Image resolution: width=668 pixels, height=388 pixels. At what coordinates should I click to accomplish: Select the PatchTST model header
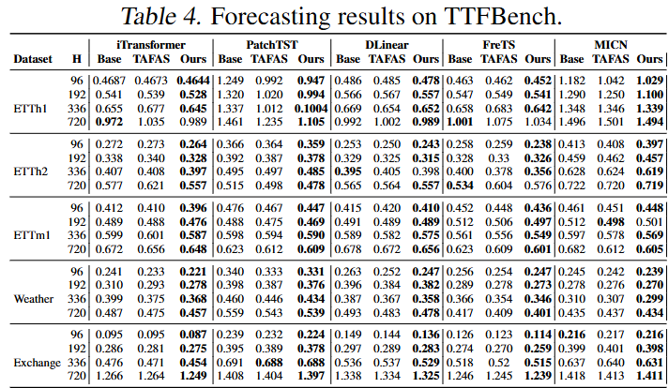[x=271, y=44]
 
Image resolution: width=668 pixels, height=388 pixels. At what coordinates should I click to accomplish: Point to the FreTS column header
[x=495, y=44]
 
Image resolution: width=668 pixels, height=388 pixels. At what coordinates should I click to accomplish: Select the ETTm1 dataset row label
[x=33, y=233]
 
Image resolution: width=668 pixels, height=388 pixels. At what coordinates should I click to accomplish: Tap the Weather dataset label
[x=34, y=299]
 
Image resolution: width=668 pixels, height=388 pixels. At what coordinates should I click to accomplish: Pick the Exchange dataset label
[x=35, y=363]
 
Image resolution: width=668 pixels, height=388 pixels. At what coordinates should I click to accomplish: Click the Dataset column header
[x=32, y=59]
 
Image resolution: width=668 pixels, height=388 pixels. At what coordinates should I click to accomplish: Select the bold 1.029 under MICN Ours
[x=649, y=82]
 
